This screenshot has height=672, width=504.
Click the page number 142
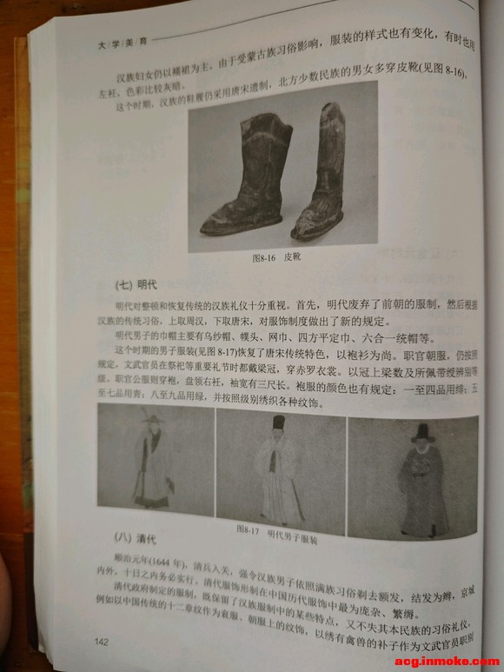pos(101,642)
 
